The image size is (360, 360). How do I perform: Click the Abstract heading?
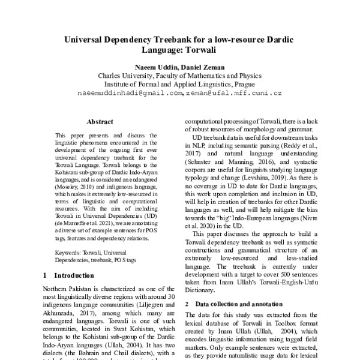click(x=100, y=121)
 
